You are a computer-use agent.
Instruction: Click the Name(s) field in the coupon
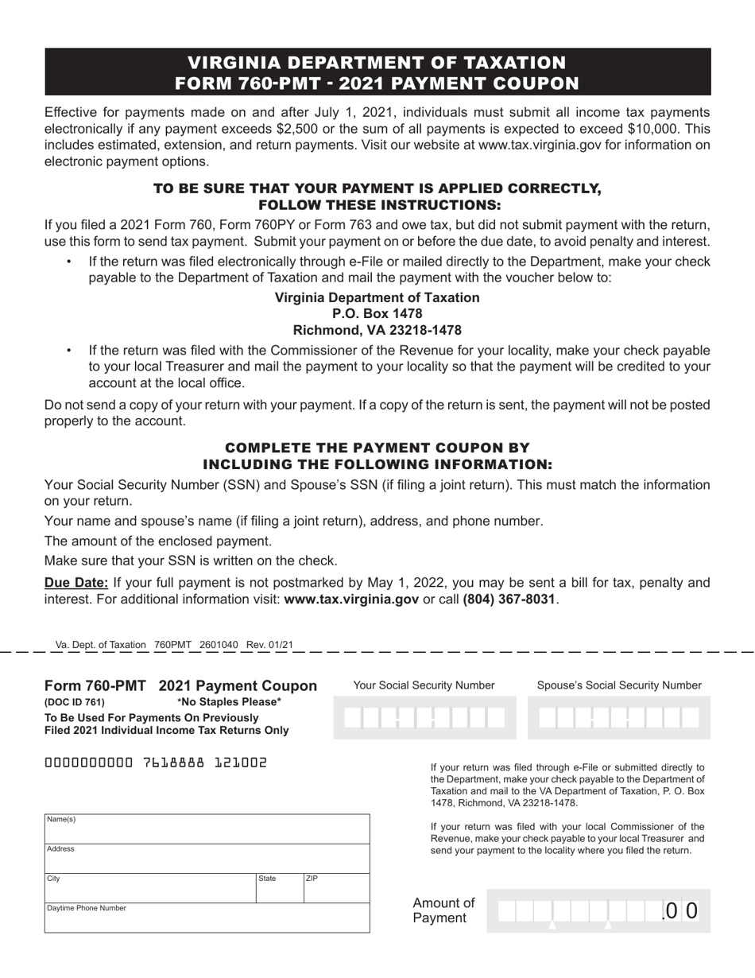pyautogui.click(x=207, y=829)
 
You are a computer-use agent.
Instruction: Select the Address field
pyautogui.click(x=207, y=859)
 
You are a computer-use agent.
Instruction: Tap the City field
pyautogui.click(x=149, y=888)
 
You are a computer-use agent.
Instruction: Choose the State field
pyautogui.click(x=279, y=888)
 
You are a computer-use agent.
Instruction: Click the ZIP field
pyautogui.click(x=336, y=888)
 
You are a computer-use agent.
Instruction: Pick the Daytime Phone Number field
pyautogui.click(x=207, y=918)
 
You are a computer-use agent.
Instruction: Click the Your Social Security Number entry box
pyautogui.click(x=426, y=718)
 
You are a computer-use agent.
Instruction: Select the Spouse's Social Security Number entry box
pyautogui.click(x=619, y=718)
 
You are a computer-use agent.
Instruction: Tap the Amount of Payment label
pyautogui.click(x=443, y=910)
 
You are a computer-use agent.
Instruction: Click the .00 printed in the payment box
pyautogui.click(x=679, y=910)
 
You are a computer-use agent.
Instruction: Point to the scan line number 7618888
pyautogui.click(x=172, y=763)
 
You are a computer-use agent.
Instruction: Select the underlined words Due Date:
pyautogui.click(x=77, y=583)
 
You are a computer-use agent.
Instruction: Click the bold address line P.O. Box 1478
pyautogui.click(x=377, y=313)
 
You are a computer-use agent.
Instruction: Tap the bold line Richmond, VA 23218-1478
pyautogui.click(x=377, y=330)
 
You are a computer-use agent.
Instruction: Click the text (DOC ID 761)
pyautogui.click(x=74, y=702)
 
